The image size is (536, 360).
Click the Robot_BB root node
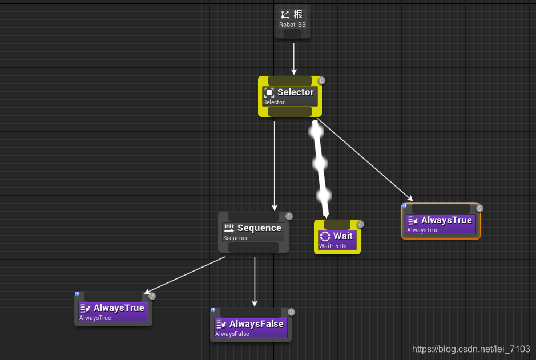[293, 21]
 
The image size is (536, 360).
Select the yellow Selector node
[290, 96]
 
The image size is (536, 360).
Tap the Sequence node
[253, 232]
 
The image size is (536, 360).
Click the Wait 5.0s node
[337, 237]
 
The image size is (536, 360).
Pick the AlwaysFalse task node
[251, 325]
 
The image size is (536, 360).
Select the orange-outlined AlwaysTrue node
[441, 221]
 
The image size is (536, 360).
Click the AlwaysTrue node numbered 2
[113, 309]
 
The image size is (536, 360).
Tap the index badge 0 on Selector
[321, 80]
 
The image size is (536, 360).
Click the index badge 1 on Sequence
[289, 216]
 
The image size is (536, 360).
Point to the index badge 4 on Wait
[360, 224]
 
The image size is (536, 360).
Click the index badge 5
[479, 208]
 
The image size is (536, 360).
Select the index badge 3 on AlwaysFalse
[291, 312]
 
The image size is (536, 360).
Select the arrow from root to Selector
[293, 58]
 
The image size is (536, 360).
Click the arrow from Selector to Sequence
[274, 165]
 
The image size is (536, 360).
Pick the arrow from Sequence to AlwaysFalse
[255, 281]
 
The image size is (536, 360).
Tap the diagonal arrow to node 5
[364, 160]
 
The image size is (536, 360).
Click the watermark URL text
[471, 349]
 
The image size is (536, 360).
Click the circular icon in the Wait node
[325, 236]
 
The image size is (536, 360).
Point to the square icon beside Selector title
[269, 92]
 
